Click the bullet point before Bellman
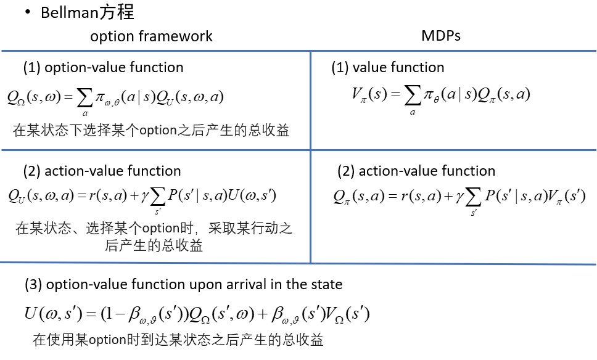coord(28,12)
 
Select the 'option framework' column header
coord(151,36)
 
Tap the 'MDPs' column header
coord(441,35)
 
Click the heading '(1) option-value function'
coord(103,67)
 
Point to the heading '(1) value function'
coord(387,67)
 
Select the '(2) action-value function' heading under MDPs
coord(416,171)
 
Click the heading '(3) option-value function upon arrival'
coord(183,284)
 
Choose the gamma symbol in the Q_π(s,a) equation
coord(459,197)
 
